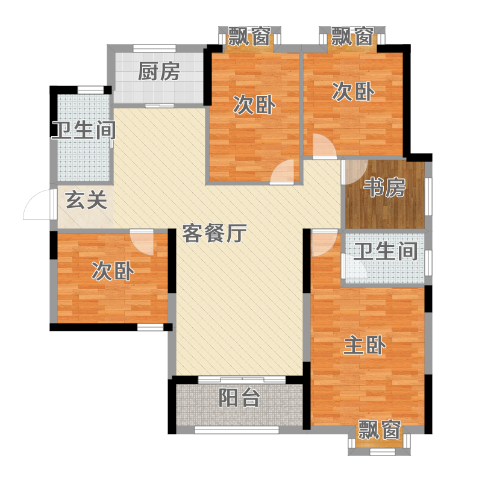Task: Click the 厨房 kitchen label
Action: click(158, 72)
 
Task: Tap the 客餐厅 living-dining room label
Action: click(214, 233)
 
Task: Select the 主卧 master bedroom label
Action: click(365, 345)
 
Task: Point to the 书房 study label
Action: click(384, 187)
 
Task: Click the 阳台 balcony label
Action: click(239, 398)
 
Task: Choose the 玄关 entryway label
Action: click(86, 200)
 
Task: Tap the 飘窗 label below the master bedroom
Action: click(380, 430)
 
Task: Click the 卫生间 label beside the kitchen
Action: click(84, 130)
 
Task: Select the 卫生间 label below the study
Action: click(386, 251)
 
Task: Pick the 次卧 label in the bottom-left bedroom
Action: click(113, 271)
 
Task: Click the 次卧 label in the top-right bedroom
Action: click(353, 92)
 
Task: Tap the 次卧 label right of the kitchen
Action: click(254, 105)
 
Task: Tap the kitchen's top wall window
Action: click(154, 48)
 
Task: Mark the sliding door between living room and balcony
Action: click(242, 380)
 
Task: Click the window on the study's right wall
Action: click(428, 197)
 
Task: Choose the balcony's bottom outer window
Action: click(237, 430)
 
